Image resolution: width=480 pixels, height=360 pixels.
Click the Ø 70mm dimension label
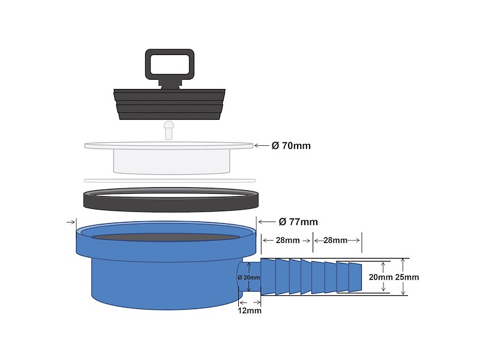(291, 146)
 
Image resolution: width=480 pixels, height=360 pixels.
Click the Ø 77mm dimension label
(298, 221)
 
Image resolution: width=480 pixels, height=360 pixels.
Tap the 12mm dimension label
(250, 311)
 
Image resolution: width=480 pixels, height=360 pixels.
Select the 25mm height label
(408, 277)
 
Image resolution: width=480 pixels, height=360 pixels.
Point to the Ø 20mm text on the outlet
(249, 277)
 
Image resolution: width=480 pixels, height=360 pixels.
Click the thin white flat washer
(170, 180)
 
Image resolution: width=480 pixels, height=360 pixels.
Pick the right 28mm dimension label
(336, 241)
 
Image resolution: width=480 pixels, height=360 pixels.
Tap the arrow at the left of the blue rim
(71, 221)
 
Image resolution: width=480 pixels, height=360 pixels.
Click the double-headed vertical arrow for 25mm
(404, 277)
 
